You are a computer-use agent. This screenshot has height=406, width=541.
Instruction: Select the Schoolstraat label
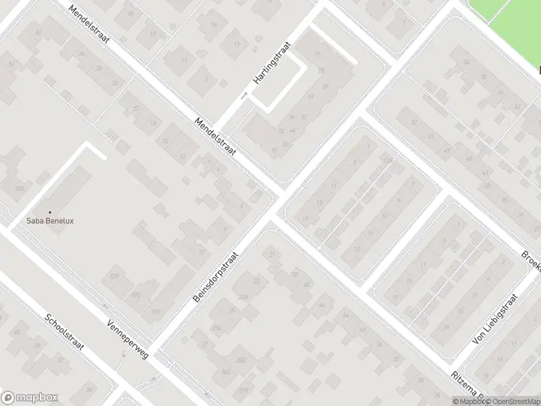(x=64, y=332)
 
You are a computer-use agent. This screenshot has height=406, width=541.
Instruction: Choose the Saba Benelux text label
(x=49, y=220)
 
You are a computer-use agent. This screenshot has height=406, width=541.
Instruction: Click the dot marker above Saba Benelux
(x=49, y=212)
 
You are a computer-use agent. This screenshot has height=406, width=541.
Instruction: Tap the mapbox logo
(x=30, y=398)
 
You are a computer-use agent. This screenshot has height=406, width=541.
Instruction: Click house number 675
(x=136, y=295)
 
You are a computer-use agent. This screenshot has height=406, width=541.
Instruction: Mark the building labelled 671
(x=157, y=311)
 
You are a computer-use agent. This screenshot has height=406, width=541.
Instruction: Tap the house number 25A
(x=217, y=328)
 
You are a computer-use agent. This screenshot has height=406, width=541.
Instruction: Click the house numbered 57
(x=415, y=122)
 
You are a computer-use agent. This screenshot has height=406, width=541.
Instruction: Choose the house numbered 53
(x=431, y=137)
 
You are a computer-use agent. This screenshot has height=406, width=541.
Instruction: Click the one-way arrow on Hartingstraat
(x=244, y=96)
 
